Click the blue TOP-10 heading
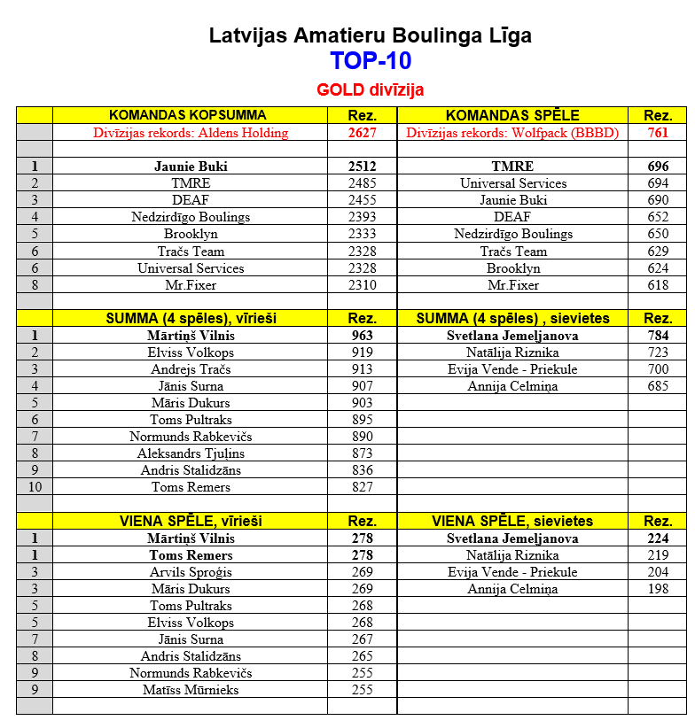click(370, 61)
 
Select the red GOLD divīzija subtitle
click(370, 90)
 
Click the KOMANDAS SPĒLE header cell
click(512, 115)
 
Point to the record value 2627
click(362, 133)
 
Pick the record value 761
click(657, 133)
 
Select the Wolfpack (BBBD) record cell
click(512, 133)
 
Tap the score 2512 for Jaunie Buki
click(362, 167)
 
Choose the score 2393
click(362, 217)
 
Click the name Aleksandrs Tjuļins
click(191, 453)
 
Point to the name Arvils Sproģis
click(191, 572)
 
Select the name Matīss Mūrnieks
click(191, 690)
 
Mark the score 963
click(362, 336)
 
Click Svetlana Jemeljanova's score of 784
click(657, 336)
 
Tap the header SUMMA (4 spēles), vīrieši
click(190, 318)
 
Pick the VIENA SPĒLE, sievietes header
click(512, 521)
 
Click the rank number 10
click(35, 487)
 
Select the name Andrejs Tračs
click(191, 369)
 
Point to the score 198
click(657, 589)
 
